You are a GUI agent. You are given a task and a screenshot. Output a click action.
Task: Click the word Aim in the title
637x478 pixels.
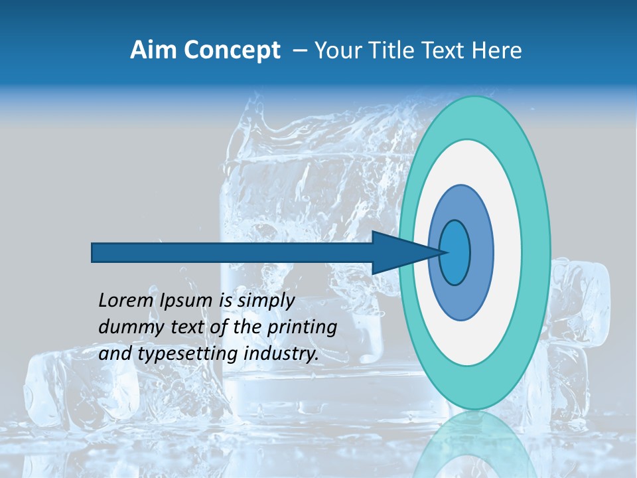[152, 50]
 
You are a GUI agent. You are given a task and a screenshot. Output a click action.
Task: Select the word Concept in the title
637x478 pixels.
[232, 50]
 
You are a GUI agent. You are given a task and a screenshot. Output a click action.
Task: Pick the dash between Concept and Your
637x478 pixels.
[299, 51]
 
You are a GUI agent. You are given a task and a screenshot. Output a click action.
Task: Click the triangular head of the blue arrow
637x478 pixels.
[398, 252]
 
